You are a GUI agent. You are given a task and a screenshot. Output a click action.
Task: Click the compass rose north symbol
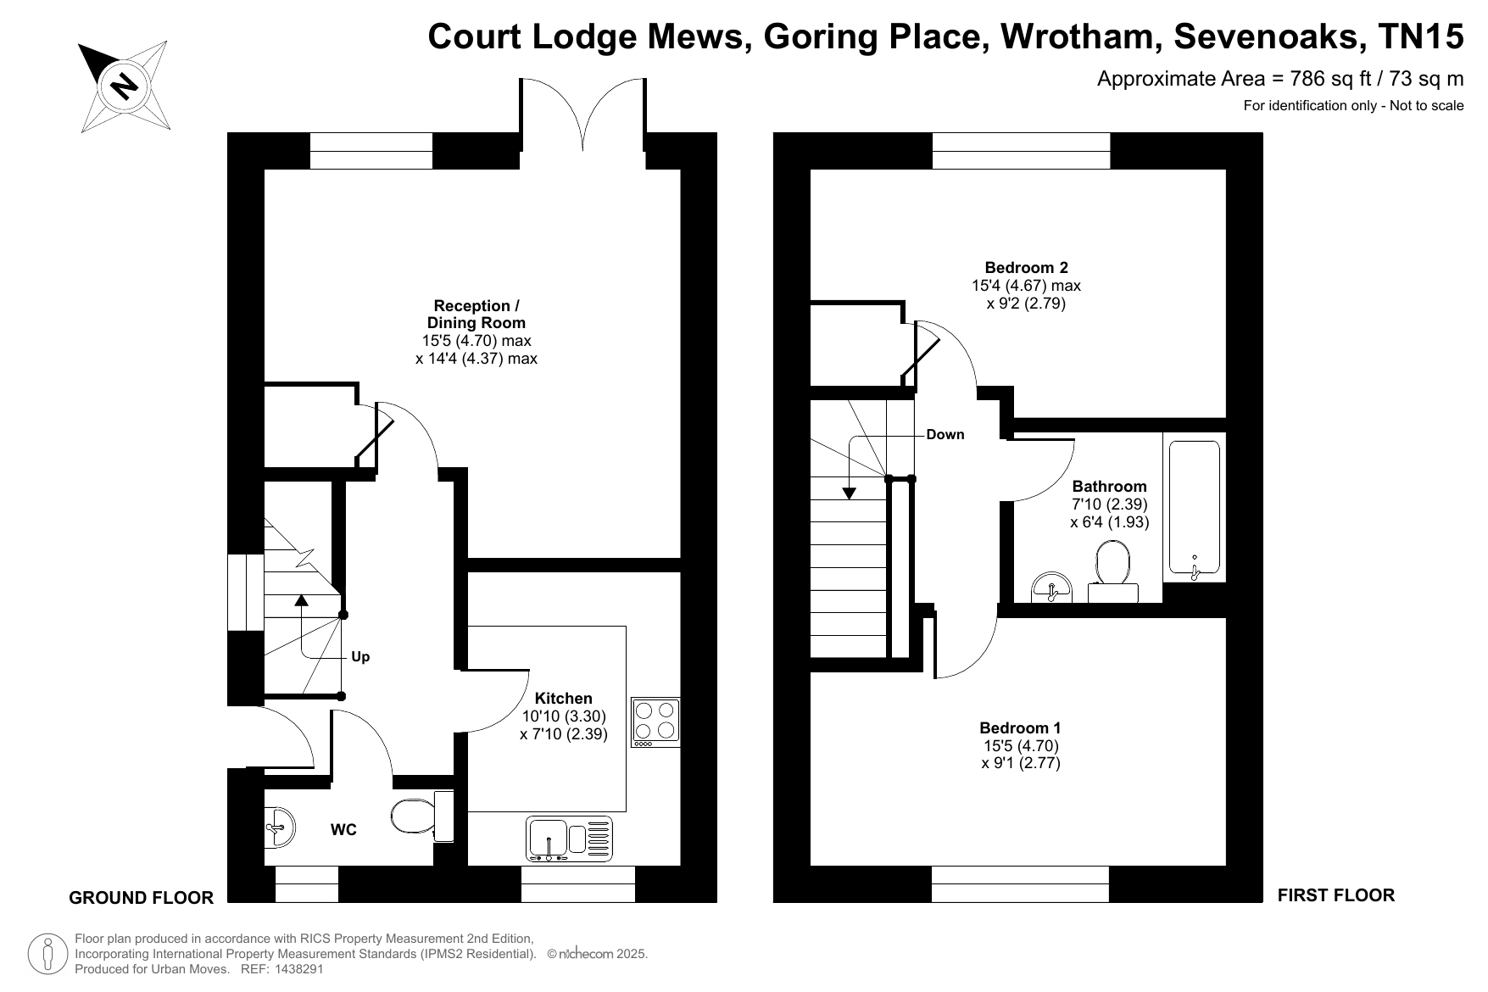tap(125, 86)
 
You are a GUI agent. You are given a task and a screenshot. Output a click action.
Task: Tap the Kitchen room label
tap(564, 699)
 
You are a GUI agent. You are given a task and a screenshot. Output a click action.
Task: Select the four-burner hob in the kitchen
tap(655, 722)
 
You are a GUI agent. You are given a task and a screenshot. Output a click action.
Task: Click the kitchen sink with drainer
tap(569, 839)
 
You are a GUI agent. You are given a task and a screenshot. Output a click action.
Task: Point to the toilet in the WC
tap(422, 816)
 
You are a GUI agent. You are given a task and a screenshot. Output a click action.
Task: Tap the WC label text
tap(343, 830)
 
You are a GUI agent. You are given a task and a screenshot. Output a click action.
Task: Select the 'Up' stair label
tap(360, 657)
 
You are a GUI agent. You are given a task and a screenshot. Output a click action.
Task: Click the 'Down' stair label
tap(945, 435)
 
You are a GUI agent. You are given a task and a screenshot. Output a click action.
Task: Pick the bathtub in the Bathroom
tap(1195, 508)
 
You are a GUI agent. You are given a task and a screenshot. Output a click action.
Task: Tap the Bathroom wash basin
tap(1051, 587)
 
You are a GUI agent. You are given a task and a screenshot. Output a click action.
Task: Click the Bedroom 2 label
tap(1026, 267)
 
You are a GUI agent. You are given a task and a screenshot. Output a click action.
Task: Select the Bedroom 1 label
tap(1020, 727)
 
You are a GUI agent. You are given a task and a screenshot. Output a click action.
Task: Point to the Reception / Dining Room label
tap(476, 315)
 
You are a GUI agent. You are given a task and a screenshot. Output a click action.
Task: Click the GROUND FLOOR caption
tap(141, 898)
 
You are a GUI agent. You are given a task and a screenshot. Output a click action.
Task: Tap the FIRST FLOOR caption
tap(1335, 895)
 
